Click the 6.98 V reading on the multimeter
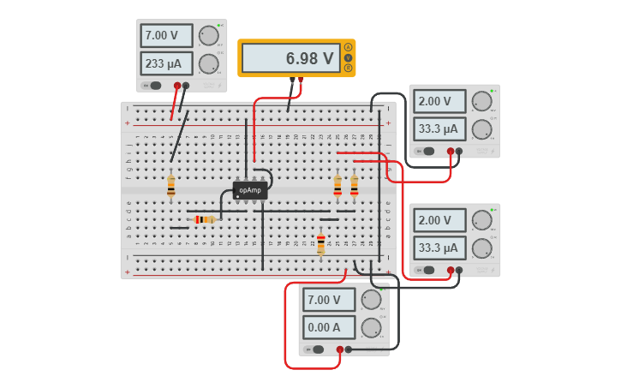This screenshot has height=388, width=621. (x=291, y=58)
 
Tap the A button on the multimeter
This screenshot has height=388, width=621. (x=348, y=47)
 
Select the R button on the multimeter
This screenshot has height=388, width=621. (x=348, y=68)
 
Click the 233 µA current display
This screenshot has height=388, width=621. (x=167, y=63)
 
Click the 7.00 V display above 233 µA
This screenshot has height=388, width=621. (x=167, y=35)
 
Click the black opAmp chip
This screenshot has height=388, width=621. (x=250, y=189)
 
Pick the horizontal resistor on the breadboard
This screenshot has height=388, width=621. (x=204, y=219)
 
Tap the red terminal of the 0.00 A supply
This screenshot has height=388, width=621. (x=340, y=349)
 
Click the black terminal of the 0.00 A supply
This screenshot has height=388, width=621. (x=349, y=349)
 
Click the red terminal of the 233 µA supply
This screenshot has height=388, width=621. (x=178, y=86)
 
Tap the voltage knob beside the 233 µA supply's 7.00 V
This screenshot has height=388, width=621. (x=208, y=35)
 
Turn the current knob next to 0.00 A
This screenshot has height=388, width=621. (x=371, y=327)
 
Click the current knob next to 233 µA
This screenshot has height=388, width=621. (x=208, y=63)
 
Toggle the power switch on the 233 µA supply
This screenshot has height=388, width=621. (x=153, y=86)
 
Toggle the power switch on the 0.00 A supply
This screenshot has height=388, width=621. (x=316, y=349)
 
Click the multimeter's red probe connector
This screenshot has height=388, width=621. (x=301, y=80)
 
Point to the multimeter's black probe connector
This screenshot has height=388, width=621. (x=292, y=80)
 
